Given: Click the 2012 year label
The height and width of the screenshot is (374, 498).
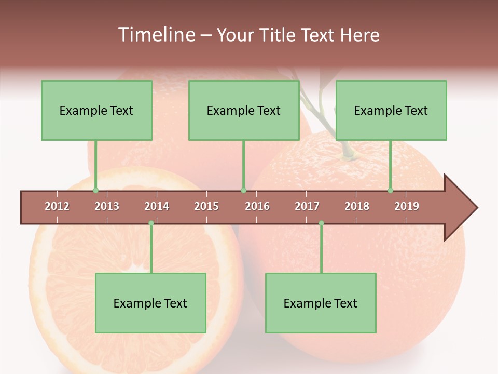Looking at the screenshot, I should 57,206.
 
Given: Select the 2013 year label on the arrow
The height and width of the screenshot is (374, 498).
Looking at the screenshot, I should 107,206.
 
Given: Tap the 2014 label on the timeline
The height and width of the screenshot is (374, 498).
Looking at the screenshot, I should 157,206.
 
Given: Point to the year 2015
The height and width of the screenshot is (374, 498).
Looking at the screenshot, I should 206,206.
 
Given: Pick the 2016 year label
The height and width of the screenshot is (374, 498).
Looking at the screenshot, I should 257,206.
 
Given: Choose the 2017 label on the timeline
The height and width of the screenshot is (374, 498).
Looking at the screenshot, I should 307,206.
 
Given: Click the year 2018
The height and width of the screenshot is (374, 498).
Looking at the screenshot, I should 357,206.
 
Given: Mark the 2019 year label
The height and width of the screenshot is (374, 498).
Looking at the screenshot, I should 407,206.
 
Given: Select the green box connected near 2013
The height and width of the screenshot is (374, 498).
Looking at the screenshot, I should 96,110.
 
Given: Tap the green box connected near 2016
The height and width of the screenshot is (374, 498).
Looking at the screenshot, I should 244,110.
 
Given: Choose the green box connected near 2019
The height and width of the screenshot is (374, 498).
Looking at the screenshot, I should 391,110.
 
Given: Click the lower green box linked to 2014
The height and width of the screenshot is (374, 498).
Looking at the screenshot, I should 150,303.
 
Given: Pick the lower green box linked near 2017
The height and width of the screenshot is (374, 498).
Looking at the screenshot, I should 321,303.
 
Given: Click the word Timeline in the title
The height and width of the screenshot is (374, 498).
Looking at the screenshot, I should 156,35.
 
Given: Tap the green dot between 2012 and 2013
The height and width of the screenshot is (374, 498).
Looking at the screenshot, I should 95,190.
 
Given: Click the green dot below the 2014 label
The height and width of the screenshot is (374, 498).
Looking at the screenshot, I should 151,223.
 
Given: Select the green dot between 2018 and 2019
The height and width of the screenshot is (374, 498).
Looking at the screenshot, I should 390,190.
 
